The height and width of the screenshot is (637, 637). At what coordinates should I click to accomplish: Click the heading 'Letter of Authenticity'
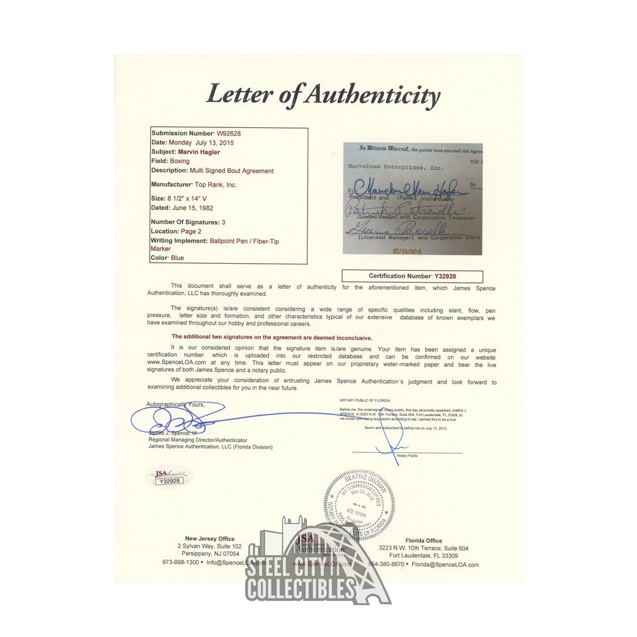pos(322,96)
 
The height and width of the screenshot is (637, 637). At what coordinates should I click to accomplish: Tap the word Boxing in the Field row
pos(180,162)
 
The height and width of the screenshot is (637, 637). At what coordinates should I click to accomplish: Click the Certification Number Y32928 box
pos(412,276)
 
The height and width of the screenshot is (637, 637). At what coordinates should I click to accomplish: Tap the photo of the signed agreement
pos(412,198)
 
